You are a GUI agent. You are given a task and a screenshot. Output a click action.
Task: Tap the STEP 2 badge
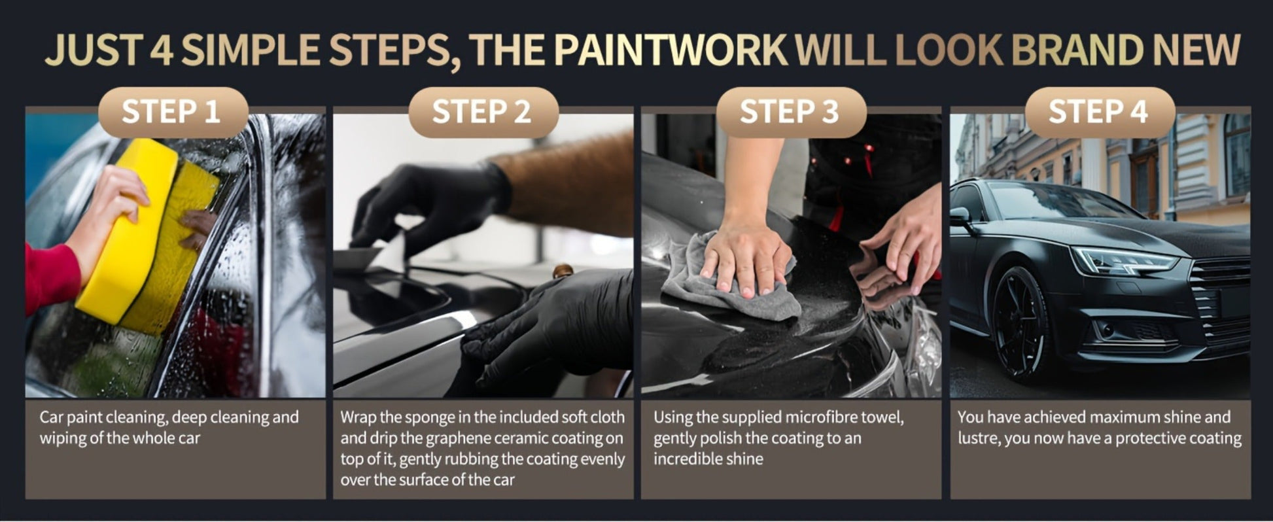(x=483, y=112)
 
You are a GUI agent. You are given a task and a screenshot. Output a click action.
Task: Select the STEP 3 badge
(x=791, y=112)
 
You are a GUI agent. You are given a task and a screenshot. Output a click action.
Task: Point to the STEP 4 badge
(x=1100, y=112)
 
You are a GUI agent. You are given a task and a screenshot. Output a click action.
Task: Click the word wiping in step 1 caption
(x=62, y=438)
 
